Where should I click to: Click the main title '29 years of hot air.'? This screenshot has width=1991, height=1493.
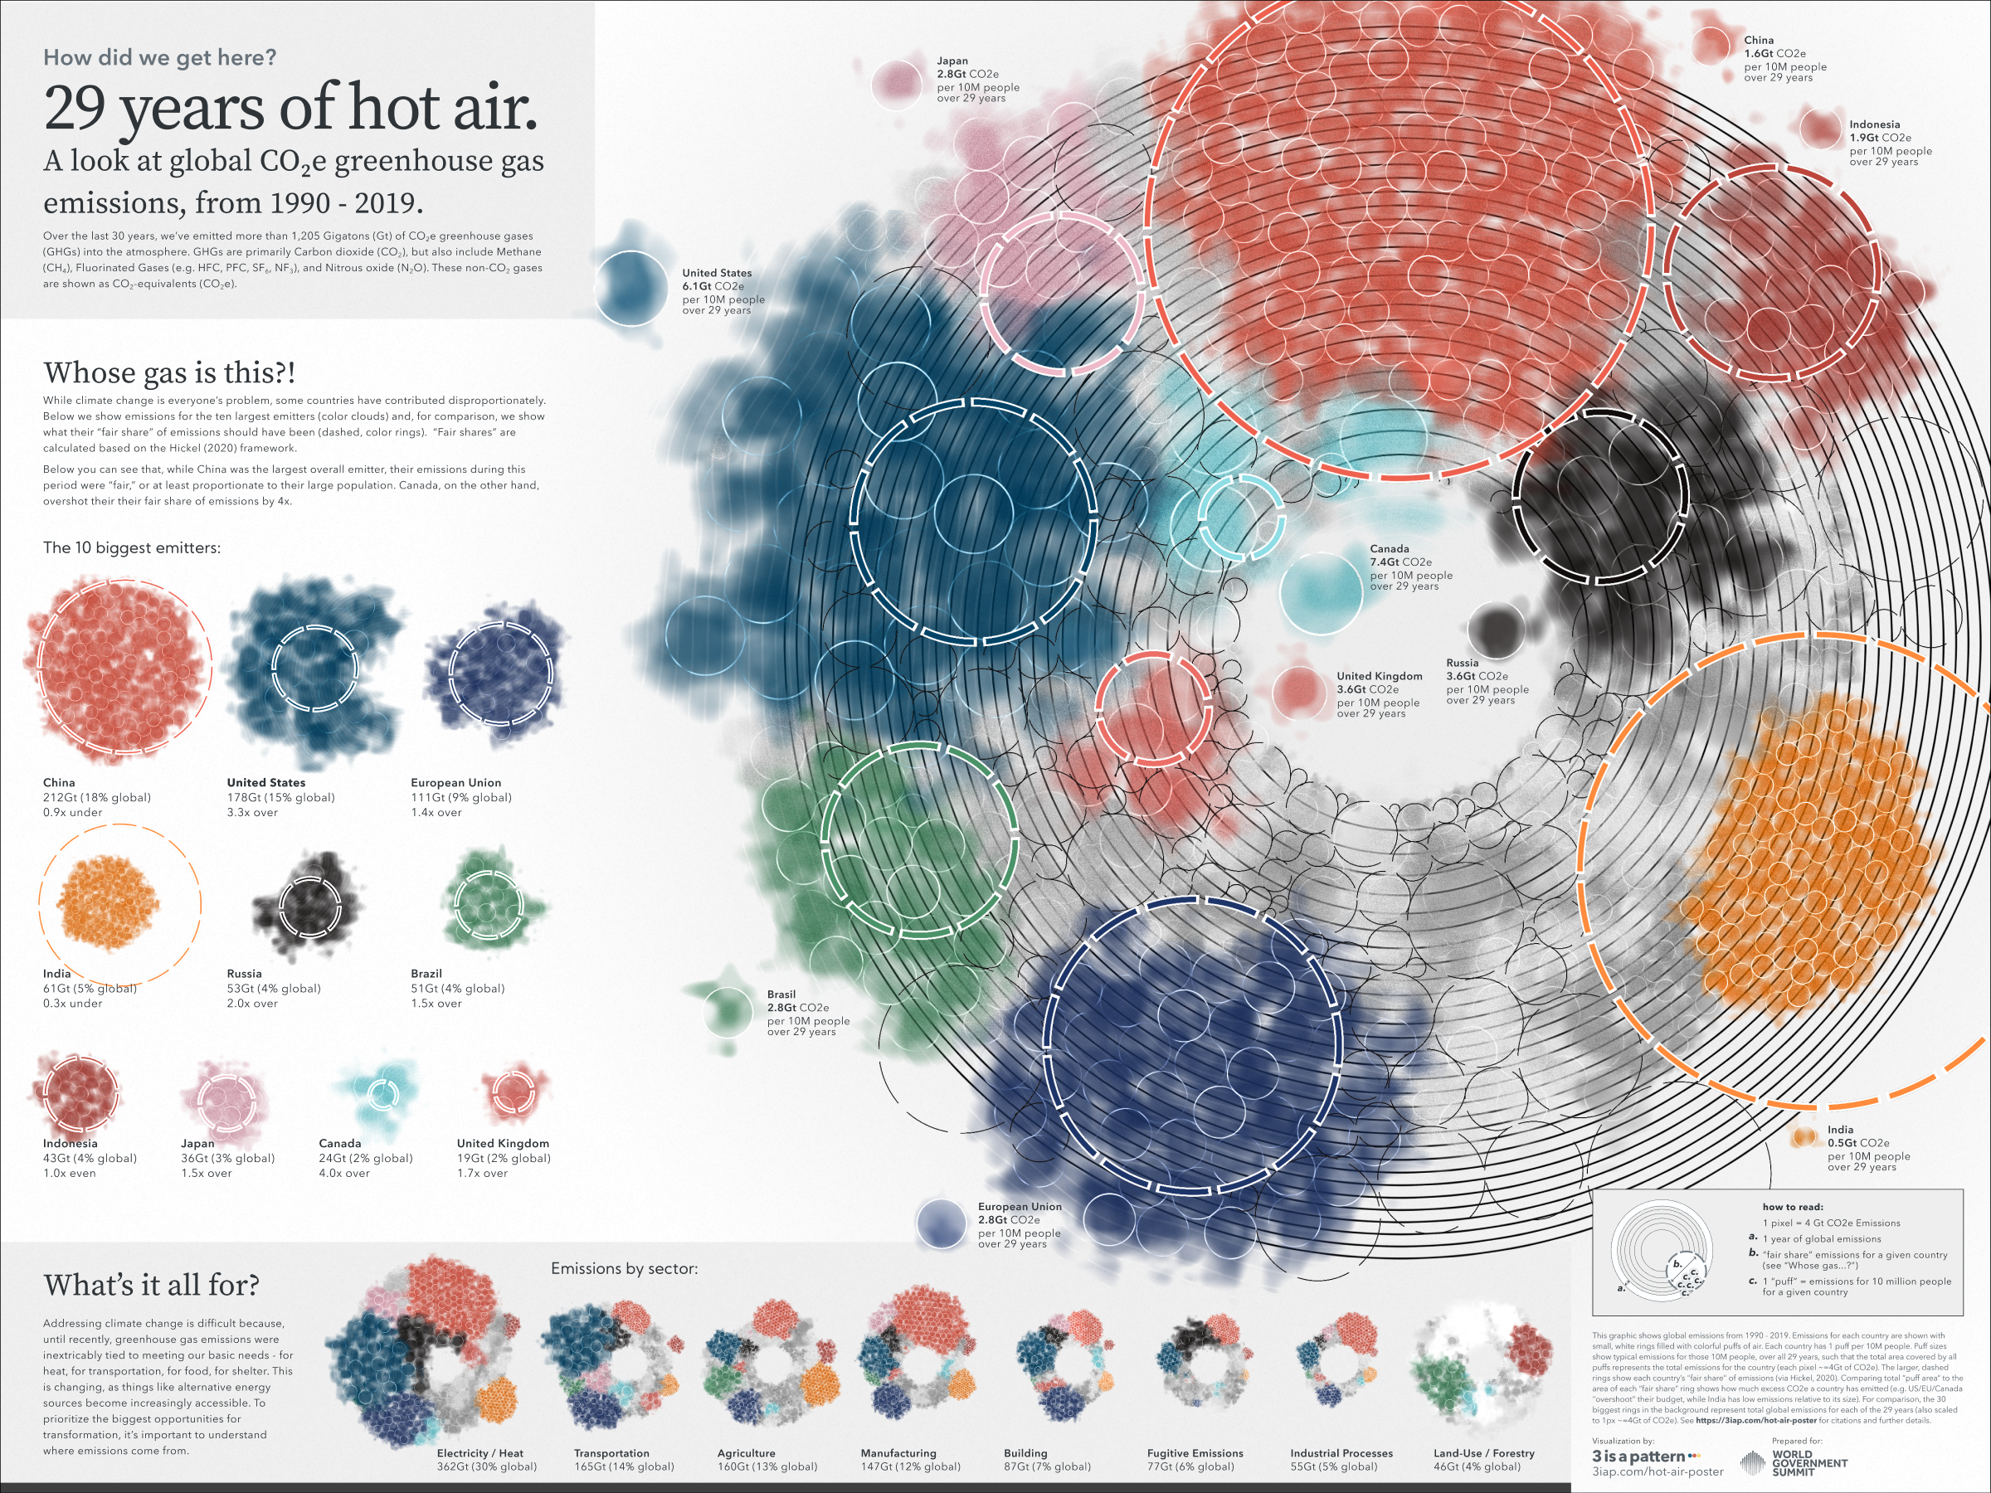tap(290, 108)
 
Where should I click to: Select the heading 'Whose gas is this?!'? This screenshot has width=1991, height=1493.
tap(169, 372)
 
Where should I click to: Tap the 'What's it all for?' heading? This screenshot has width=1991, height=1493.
tap(151, 1285)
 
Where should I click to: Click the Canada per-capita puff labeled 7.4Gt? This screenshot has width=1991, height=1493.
tap(1321, 593)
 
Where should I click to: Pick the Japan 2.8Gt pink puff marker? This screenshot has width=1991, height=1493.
tap(897, 85)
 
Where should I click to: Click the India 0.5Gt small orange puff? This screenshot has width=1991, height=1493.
tap(1804, 1137)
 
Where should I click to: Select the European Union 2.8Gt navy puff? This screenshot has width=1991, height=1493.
tap(941, 1224)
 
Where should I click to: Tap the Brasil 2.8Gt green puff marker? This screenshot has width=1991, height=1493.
tap(727, 1009)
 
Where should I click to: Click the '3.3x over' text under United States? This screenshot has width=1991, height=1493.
tap(252, 813)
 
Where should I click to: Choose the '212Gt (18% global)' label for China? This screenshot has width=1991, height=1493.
tap(97, 797)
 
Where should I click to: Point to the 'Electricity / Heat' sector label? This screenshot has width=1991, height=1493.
tap(479, 1453)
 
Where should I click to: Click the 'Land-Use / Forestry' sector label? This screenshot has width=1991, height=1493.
tap(1483, 1453)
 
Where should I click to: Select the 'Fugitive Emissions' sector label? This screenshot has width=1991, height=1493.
tap(1195, 1453)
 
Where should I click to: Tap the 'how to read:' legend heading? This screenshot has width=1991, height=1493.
tap(1792, 1207)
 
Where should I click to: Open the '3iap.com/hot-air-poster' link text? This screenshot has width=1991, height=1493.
tap(1657, 1472)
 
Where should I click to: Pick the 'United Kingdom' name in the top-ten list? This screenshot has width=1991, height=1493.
tap(502, 1144)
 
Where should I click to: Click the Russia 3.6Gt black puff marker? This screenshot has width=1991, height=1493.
tap(1495, 629)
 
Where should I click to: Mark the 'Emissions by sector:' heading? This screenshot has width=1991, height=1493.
tap(624, 1269)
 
